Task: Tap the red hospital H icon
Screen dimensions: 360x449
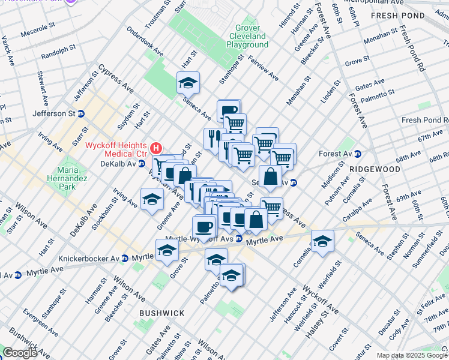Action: click(x=156, y=147)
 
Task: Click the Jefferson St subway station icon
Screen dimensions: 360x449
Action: click(x=82, y=113)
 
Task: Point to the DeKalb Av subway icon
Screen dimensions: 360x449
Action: click(x=142, y=164)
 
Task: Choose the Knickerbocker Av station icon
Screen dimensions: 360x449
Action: click(x=124, y=259)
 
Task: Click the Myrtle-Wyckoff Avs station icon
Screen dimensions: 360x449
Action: click(x=238, y=239)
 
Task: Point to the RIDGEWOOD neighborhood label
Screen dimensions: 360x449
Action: click(x=376, y=170)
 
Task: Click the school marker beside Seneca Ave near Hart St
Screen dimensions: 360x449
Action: click(x=188, y=83)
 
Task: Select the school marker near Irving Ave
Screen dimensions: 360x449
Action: click(x=152, y=199)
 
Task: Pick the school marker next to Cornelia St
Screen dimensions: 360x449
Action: click(x=323, y=241)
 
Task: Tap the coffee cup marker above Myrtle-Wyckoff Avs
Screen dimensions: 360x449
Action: click(x=204, y=227)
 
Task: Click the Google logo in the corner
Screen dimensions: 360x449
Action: click(x=20, y=353)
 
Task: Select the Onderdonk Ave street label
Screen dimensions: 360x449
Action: click(x=145, y=42)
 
